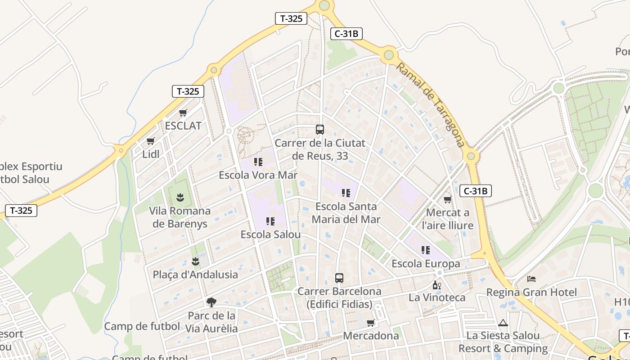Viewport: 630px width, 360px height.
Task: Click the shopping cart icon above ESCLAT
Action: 183,112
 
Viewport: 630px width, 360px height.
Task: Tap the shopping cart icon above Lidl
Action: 151,141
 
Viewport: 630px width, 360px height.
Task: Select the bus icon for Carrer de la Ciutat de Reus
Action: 320,130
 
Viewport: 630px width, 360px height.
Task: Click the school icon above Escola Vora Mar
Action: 258,162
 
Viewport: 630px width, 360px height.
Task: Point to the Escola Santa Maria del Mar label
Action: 346,213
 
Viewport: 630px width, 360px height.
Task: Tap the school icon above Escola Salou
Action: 270,221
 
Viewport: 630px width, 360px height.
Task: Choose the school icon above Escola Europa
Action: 425,250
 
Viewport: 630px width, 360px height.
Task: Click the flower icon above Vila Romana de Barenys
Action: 180,197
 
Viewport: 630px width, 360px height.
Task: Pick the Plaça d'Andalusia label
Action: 195,274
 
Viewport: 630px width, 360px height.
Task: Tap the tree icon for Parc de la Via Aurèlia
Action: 211,302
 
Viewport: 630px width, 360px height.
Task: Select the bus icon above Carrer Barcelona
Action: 339,278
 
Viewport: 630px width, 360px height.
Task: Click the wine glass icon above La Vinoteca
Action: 436,285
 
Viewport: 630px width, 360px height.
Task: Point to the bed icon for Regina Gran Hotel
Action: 531,279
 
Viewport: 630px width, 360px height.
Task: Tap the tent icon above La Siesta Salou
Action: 503,322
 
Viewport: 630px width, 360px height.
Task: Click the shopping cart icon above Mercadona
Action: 371,323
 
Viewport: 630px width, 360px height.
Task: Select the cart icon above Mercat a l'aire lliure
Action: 447,199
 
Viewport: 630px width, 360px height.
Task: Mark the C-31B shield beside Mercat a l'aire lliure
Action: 476,191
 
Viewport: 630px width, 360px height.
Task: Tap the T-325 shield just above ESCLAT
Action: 188,91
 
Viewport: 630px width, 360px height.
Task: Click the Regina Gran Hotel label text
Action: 531,292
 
